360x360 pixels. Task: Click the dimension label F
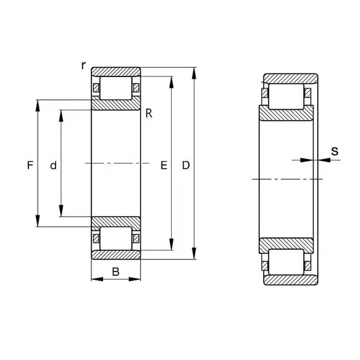pyautogui.click(x=30, y=165)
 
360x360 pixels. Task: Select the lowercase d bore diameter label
pyautogui.click(x=53, y=165)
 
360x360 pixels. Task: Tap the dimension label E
pyautogui.click(x=164, y=165)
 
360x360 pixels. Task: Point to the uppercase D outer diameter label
pyautogui.click(x=186, y=165)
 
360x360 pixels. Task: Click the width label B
pyautogui.click(x=116, y=272)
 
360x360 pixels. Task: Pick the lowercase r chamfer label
pyautogui.click(x=83, y=66)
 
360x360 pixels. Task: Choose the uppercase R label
pyautogui.click(x=149, y=114)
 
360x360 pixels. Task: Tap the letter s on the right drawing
pyautogui.click(x=335, y=152)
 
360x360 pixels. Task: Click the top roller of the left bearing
pyautogui.click(x=116, y=88)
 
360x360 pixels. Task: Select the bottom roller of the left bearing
pyautogui.click(x=116, y=238)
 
